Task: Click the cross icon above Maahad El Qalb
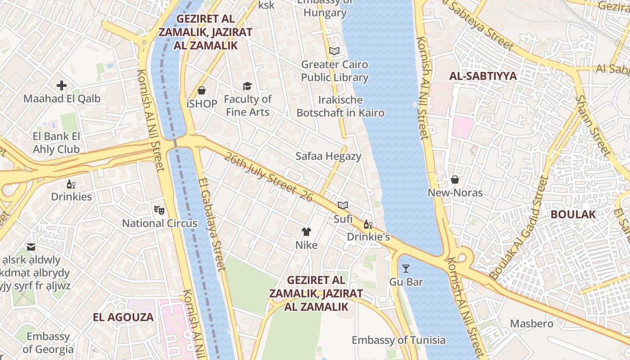[62, 85]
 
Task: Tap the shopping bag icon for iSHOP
[202, 90]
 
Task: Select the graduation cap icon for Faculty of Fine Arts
[247, 86]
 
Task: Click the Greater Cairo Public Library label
[334, 71]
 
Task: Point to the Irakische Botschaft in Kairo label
[340, 106]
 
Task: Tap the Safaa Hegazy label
[328, 156]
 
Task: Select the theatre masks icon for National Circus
[159, 210]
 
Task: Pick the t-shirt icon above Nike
[306, 232]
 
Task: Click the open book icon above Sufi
[343, 206]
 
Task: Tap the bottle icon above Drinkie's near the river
[368, 224]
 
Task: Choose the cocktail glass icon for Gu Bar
[406, 269]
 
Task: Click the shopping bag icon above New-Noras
[455, 180]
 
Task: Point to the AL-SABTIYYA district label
[483, 76]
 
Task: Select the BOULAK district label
[573, 214]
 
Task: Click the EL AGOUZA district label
[123, 317]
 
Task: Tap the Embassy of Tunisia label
[398, 340]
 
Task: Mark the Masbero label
[531, 324]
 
